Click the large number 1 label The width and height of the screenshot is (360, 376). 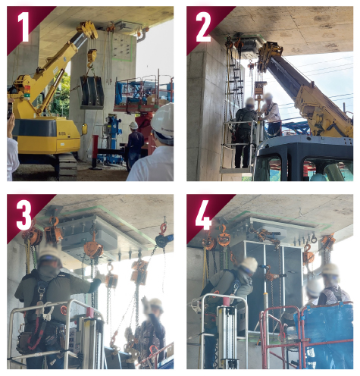(x=24, y=27)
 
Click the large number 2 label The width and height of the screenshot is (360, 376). (x=203, y=27)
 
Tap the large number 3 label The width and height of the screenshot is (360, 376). (x=24, y=215)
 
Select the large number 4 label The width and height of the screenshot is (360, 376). (x=203, y=215)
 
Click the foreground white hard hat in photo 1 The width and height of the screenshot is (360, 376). (x=163, y=121)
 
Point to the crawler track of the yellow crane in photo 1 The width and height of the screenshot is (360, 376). (x=66, y=167)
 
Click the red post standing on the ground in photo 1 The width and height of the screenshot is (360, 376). (x=95, y=152)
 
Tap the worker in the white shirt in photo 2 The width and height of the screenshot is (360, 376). (x=271, y=116)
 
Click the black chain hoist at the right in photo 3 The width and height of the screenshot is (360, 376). (x=163, y=240)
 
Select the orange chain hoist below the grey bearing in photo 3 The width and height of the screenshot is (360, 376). (x=93, y=249)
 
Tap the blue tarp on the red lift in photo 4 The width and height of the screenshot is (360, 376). (x=326, y=334)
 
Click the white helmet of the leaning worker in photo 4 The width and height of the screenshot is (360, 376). (x=249, y=265)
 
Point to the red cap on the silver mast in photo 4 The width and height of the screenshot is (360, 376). (x=227, y=301)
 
